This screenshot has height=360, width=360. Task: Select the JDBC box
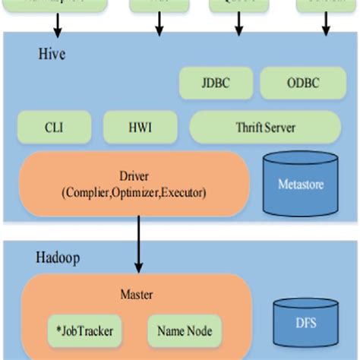pos(216,82)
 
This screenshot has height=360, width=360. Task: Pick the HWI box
pos(139,127)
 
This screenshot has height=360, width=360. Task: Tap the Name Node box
pos(185,330)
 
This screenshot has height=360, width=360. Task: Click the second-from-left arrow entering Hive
pos(159,26)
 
